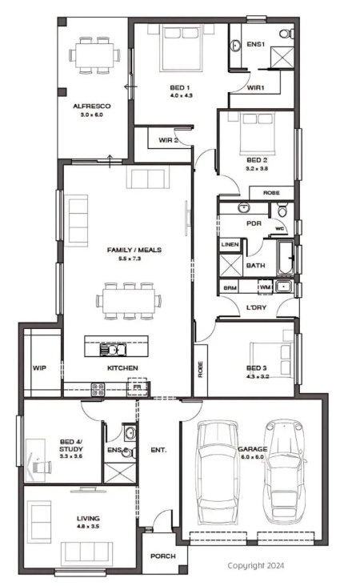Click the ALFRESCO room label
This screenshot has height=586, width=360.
point(92,106)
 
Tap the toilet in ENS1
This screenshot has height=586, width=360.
point(286,34)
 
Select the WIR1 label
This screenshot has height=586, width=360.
point(256,88)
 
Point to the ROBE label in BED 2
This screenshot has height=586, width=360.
point(271,193)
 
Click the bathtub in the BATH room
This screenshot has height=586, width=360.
point(286,258)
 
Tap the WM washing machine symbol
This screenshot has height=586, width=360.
point(265,287)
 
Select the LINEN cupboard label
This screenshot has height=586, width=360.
point(230,244)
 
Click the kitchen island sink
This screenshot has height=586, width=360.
point(113,350)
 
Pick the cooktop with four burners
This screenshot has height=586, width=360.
point(98,389)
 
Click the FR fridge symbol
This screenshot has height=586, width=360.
point(138,387)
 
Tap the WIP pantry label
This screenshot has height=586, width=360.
point(39,368)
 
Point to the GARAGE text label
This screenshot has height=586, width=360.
point(253,449)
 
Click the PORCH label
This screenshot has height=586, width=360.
point(163,556)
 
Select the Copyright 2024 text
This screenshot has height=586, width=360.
point(256,565)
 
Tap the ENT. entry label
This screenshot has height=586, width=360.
point(158,450)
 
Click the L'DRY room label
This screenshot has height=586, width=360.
point(257,307)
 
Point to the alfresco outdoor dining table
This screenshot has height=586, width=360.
point(95,55)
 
